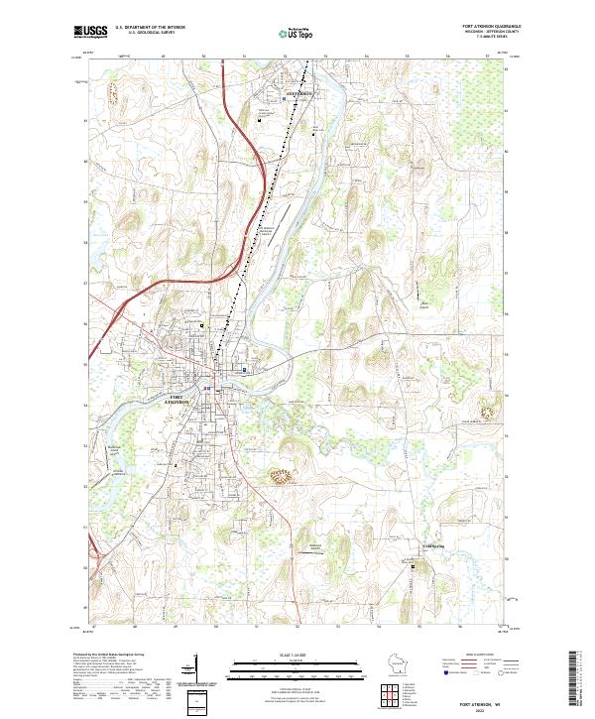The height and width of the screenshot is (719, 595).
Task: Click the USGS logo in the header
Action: click(90, 32)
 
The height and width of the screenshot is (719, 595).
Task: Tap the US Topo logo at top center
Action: click(297, 33)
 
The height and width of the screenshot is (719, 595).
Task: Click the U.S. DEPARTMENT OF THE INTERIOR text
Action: click(149, 28)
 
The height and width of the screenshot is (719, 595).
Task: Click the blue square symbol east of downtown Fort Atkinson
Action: click(245, 371)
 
